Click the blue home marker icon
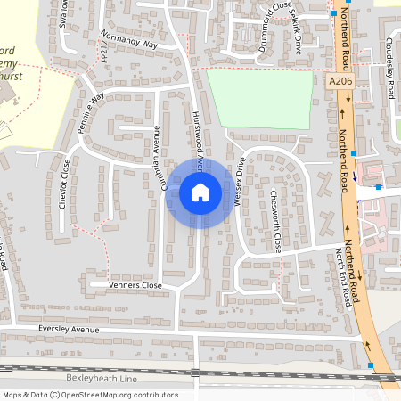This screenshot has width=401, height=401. [200, 192]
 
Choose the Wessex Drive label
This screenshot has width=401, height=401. [239, 183]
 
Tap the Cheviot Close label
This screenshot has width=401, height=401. [64, 183]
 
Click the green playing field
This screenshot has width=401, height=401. [259, 98]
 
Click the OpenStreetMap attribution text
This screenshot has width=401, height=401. [89, 395]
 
